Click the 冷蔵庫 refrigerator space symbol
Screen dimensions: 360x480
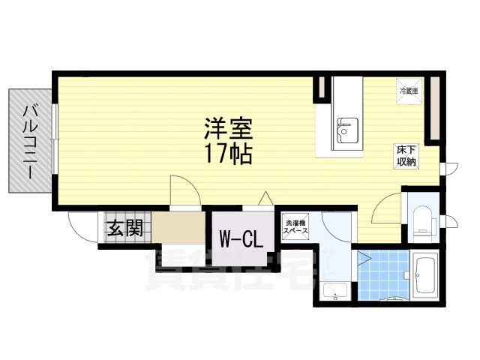coord(409,91)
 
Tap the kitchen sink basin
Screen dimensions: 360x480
coord(345,130)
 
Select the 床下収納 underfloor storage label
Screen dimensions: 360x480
coord(406,157)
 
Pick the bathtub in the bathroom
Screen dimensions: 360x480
coord(425,276)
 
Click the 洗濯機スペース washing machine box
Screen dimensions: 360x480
coord(293,226)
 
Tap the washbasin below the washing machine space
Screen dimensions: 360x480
coord(331,292)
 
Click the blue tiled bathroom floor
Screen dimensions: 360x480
coord(382,274)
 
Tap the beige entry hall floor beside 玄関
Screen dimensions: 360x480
coord(180,229)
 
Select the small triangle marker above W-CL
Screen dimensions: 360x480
coord(265,198)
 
